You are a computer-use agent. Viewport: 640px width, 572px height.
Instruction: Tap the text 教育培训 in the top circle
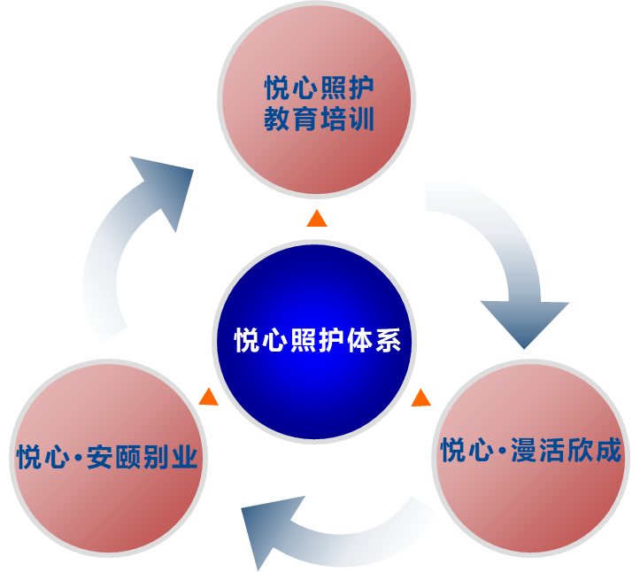(320, 119)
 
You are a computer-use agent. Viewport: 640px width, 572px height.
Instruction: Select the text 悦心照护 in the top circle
(320, 89)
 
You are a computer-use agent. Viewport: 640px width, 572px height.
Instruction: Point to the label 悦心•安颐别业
(107, 458)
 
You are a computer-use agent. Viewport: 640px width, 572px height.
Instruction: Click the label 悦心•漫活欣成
(532, 451)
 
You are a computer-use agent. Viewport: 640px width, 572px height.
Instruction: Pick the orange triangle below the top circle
(317, 219)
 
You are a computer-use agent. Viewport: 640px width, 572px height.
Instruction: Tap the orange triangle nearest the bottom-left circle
(209, 397)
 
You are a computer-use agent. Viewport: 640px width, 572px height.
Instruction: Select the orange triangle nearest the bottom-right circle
(421, 398)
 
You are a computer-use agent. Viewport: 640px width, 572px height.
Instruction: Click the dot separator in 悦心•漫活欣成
(502, 452)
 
